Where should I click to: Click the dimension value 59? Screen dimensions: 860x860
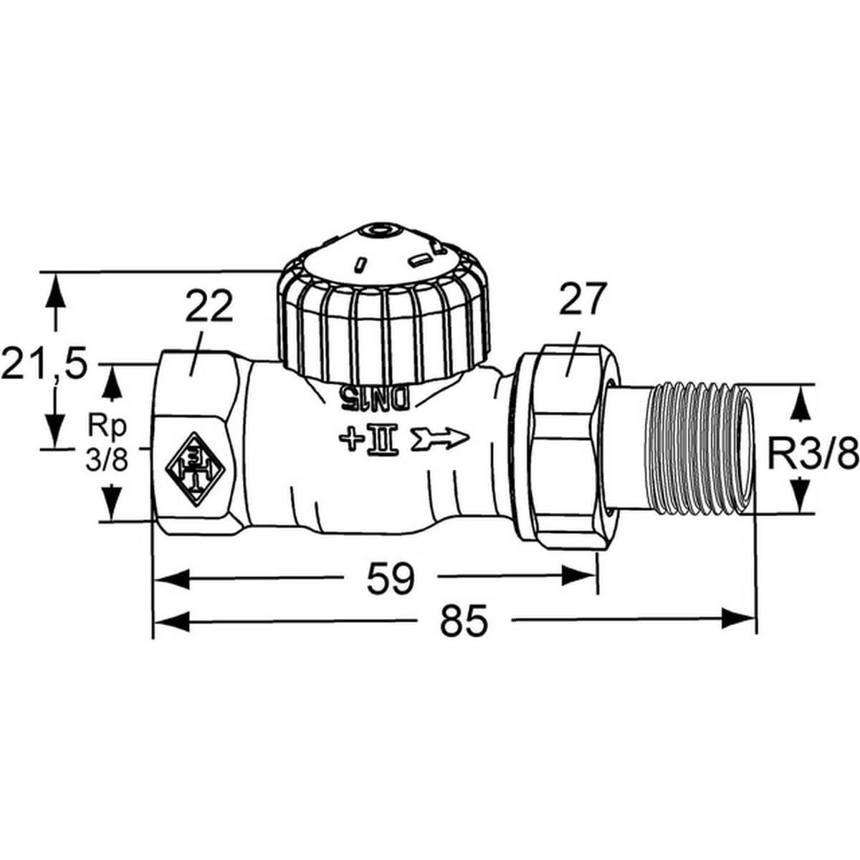pos(391,578)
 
